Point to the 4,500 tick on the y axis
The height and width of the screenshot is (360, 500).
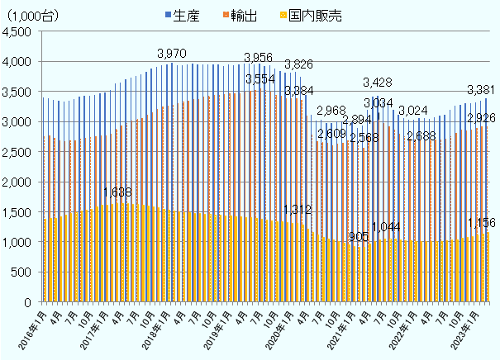[x=17, y=31]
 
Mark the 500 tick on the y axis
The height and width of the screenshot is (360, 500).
[x=22, y=272]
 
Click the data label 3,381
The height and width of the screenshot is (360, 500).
[x=481, y=90]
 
